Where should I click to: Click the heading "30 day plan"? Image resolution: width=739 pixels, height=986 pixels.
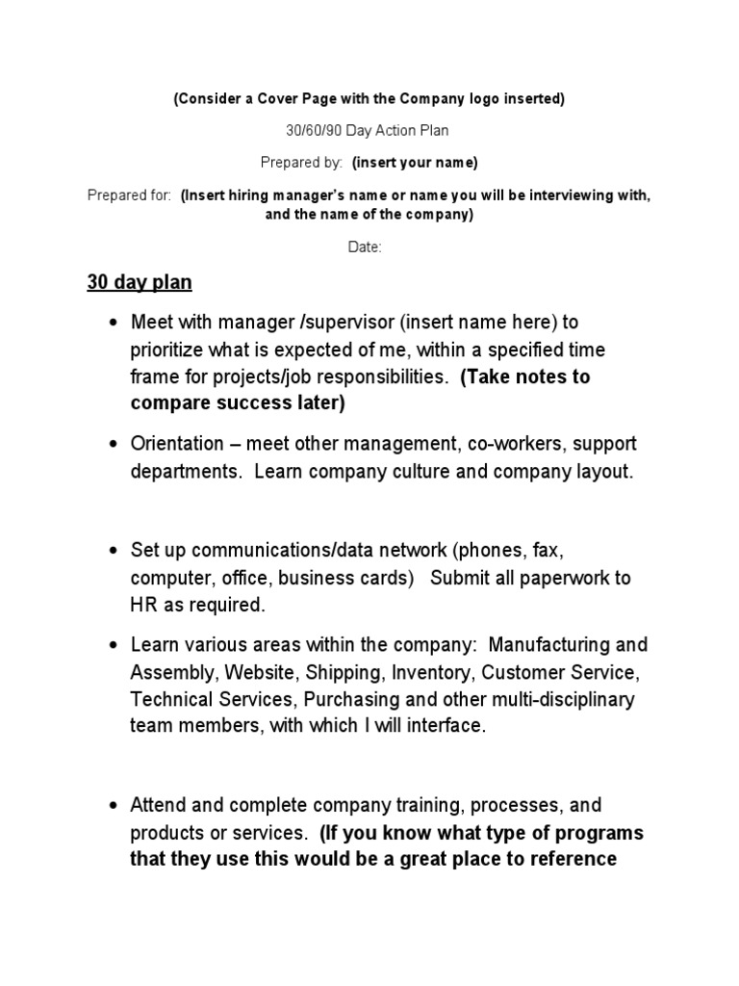(x=140, y=283)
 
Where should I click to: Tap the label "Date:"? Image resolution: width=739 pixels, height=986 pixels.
(x=365, y=247)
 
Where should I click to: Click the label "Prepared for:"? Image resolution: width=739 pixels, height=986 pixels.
(x=130, y=195)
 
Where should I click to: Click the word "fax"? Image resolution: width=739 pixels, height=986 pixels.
(x=547, y=550)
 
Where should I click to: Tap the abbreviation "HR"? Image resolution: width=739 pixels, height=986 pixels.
(x=142, y=606)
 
